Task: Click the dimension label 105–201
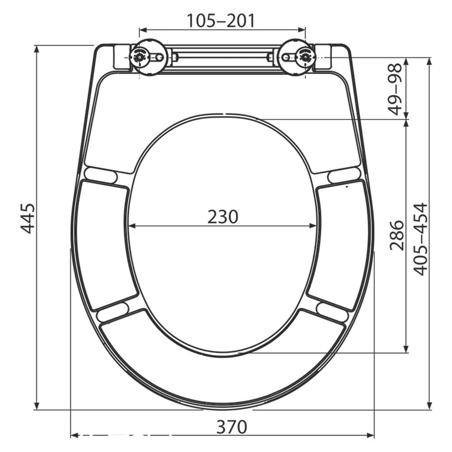(x=221, y=20)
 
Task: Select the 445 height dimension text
(x=28, y=218)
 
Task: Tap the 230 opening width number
(x=222, y=217)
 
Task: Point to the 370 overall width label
(x=231, y=427)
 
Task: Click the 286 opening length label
(x=397, y=235)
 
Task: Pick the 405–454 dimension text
(x=421, y=239)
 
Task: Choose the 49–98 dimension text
(x=395, y=89)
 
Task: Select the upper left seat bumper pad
(x=100, y=174)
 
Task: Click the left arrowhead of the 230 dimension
(x=132, y=226)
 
